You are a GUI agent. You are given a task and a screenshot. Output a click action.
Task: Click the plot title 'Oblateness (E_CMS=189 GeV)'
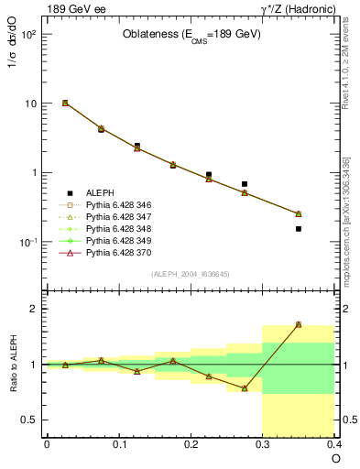tap(191, 35)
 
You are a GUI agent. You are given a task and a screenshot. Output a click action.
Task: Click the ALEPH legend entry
tap(101, 193)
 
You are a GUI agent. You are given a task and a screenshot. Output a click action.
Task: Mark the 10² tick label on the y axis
tap(27, 35)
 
